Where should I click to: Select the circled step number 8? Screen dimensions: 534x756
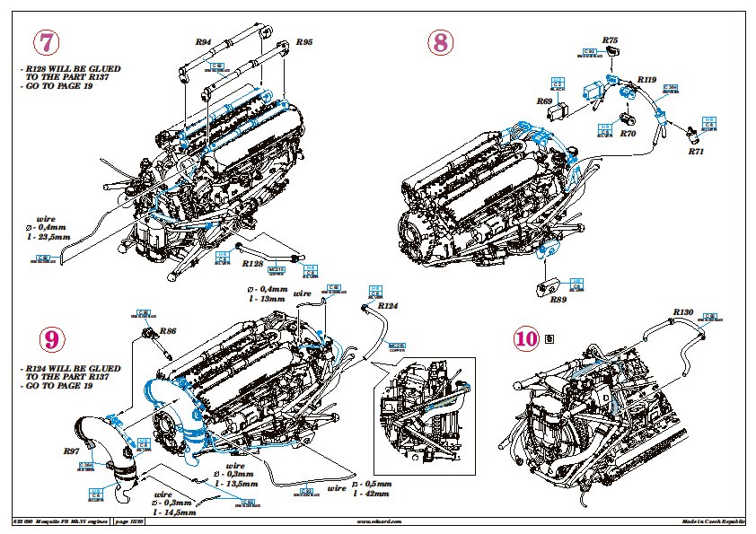click(x=440, y=43)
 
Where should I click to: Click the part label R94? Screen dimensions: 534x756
click(x=203, y=42)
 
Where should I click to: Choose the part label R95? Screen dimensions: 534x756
click(x=304, y=42)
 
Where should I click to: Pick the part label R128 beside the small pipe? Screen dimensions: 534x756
click(x=253, y=265)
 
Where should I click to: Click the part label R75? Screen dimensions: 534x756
click(x=611, y=40)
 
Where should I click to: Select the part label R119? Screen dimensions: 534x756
click(x=646, y=79)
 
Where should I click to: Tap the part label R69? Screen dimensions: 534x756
click(x=545, y=101)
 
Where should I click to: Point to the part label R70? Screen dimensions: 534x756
click(x=629, y=134)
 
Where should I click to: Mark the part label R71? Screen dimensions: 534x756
click(x=696, y=152)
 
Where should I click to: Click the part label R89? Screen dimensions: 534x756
click(x=558, y=299)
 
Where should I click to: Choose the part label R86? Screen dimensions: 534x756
click(x=167, y=331)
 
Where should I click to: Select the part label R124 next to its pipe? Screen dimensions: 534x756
click(x=388, y=306)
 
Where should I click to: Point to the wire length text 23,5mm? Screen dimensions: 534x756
click(x=50, y=236)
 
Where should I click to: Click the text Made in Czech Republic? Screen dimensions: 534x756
click(x=714, y=521)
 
